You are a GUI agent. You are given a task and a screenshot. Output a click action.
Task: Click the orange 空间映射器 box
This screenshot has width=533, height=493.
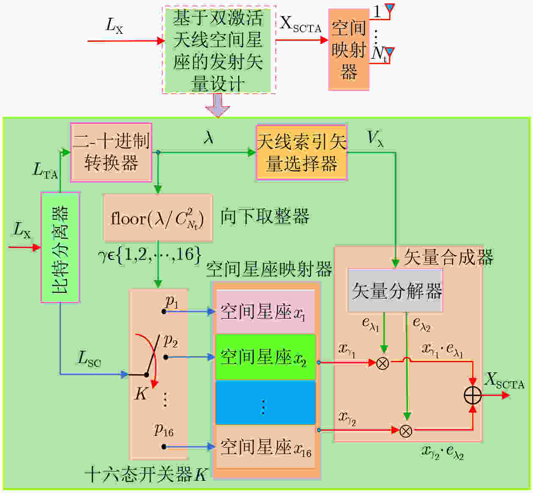pyautogui.click(x=349, y=50)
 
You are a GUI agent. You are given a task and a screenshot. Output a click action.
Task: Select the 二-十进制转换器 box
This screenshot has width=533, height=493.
pyautogui.click(x=111, y=152)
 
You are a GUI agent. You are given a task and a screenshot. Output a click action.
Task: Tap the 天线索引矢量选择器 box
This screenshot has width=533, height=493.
pyautogui.click(x=302, y=152)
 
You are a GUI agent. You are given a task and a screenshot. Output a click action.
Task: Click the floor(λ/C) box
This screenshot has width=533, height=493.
pyautogui.click(x=158, y=218)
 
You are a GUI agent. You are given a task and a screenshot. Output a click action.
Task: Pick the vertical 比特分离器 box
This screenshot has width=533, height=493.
pyautogui.click(x=60, y=247)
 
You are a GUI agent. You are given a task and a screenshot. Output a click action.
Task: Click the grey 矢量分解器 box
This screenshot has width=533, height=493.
pyautogui.click(x=396, y=290)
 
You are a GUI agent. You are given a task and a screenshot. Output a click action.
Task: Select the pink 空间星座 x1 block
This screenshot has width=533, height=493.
pyautogui.click(x=265, y=312)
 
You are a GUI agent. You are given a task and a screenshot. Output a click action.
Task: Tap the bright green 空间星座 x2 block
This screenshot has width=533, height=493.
pyautogui.click(x=265, y=357)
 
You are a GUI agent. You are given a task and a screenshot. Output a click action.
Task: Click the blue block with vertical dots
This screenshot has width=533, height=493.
pyautogui.click(x=265, y=402)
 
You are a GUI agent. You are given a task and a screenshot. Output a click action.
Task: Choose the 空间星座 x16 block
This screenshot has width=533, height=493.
pyautogui.click(x=265, y=447)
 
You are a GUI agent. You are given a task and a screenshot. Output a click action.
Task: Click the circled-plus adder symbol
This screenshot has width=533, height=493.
pyautogui.click(x=473, y=395)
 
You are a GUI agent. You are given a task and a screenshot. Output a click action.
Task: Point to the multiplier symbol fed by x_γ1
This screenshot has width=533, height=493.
pyautogui.click(x=382, y=364)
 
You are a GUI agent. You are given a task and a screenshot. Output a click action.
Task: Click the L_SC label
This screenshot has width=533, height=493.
pyautogui.click(x=89, y=359)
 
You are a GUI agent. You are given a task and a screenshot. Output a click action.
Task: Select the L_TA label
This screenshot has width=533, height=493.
pyautogui.click(x=45, y=171)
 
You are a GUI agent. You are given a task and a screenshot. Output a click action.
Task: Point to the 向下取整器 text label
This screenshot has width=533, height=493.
pyautogui.click(x=265, y=216)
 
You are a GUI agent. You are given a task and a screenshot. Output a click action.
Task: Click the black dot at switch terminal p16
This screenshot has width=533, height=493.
pyautogui.click(x=164, y=447)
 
